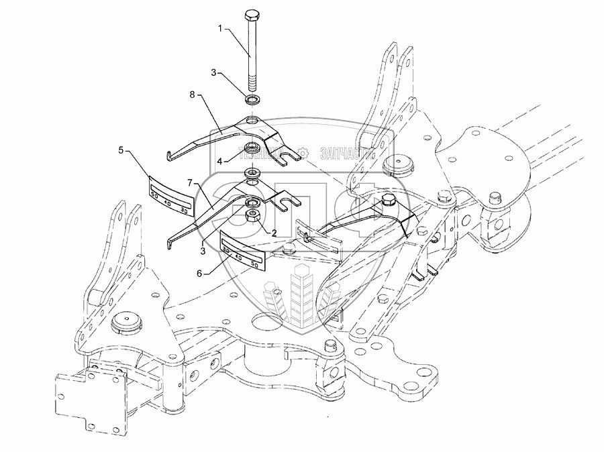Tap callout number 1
[218, 29]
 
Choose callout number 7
[190, 182]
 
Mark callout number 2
[274, 233]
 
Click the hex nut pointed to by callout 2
[254, 217]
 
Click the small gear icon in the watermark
[304, 153]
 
